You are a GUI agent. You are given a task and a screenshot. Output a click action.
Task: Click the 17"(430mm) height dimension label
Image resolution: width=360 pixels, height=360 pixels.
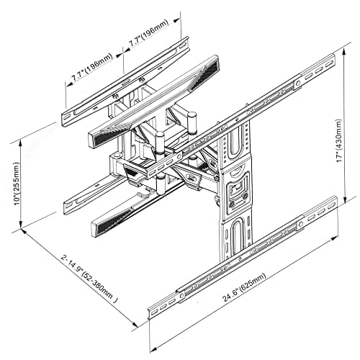pyautogui.click(x=340, y=141)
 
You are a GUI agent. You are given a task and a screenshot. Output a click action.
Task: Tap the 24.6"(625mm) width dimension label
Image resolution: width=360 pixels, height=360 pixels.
pyautogui.click(x=244, y=287)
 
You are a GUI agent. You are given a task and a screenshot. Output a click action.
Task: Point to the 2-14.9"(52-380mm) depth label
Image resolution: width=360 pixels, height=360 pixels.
pyautogui.click(x=89, y=279)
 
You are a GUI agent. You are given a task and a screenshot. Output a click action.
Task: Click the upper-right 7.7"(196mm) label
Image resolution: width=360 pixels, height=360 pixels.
pyautogui.click(x=149, y=32)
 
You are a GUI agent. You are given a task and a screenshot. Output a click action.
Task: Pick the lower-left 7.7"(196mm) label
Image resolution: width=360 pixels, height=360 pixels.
pyautogui.click(x=92, y=66)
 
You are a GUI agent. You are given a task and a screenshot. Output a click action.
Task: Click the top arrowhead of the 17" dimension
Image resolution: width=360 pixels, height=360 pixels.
pyautogui.click(x=344, y=52)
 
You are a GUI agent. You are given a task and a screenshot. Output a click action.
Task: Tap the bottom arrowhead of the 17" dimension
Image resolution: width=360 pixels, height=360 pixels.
pyautogui.click(x=345, y=199)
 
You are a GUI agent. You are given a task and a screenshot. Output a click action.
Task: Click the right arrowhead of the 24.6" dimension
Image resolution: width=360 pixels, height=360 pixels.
pyautogui.click(x=334, y=238)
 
